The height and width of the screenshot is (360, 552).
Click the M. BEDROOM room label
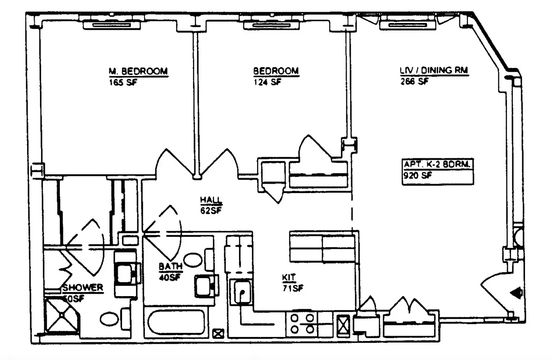pos(138,71)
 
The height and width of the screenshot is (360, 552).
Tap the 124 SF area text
pos(267,82)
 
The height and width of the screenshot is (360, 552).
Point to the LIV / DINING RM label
pos(434,71)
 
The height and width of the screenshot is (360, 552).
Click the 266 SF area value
pos(414,82)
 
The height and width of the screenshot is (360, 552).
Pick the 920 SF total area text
pos(417,176)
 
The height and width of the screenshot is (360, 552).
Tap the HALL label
pos(211,199)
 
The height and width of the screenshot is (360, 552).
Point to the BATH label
pos(170,267)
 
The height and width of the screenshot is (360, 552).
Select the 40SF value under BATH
pos(170,277)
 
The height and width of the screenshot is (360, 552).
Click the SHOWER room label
pos(83,288)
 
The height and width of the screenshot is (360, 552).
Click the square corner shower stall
pos(62,317)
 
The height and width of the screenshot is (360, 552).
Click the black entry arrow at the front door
pos(516,293)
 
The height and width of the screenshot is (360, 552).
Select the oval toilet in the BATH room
pos(194,260)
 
